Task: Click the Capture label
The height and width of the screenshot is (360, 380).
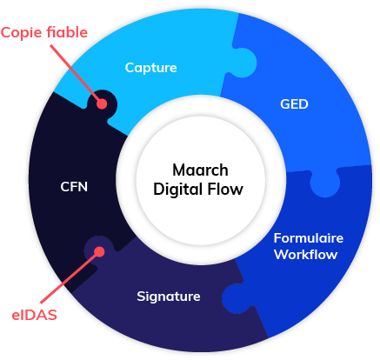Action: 150,68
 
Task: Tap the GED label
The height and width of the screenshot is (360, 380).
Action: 294,104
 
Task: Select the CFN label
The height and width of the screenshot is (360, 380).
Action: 74,187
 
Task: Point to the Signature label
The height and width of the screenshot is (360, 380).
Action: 169,297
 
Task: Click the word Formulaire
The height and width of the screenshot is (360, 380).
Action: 309,238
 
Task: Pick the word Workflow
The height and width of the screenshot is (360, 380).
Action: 306,254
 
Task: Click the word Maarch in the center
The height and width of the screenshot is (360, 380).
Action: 200,170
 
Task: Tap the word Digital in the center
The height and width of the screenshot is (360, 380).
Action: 177,190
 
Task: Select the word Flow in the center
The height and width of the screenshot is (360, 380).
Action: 225,190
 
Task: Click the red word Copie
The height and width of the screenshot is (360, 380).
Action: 22,33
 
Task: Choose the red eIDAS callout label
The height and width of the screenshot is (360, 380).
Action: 34,315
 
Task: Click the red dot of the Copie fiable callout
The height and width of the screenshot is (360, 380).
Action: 102,103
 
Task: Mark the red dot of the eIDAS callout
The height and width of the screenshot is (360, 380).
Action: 99,252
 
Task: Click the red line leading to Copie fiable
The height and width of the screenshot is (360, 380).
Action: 76,73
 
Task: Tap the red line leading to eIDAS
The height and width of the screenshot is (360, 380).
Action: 70,277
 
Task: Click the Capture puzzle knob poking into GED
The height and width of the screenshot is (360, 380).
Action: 243,63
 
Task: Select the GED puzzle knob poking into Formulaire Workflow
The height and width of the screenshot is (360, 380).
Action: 325,183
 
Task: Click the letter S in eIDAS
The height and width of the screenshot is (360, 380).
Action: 52,315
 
